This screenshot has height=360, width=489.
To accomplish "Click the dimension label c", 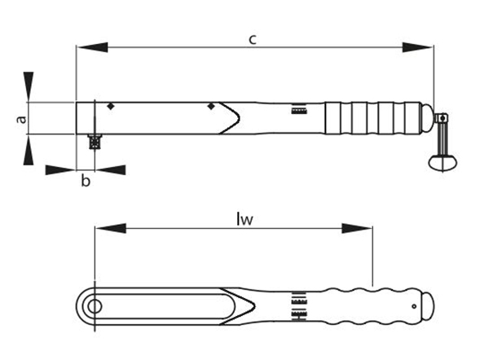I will tap(253, 37).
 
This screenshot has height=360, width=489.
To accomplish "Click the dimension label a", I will tap(22, 119).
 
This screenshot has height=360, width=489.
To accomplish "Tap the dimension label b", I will tap(85, 181).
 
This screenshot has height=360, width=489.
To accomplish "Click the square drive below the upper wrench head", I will tap(94, 141).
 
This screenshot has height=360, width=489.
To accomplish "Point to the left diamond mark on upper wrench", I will tap(110, 107).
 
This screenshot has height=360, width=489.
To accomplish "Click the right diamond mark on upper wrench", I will tap(211, 107).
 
